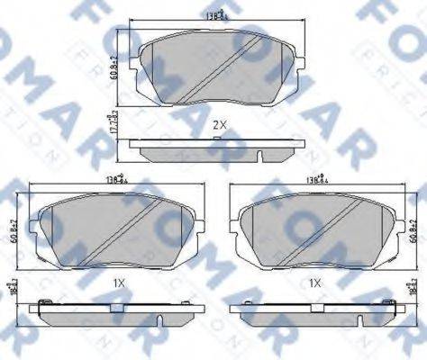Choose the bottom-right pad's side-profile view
click(x=315, y=310)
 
